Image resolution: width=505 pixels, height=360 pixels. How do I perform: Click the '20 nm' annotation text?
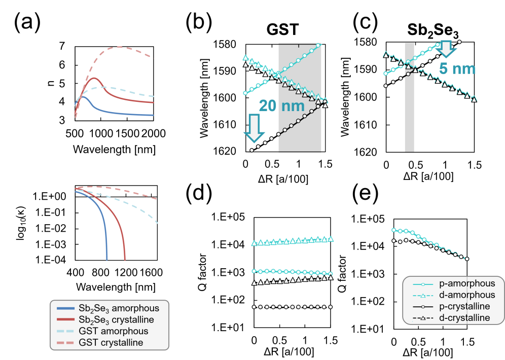click(x=283, y=105)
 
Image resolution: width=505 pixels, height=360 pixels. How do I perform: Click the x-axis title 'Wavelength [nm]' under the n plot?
click(x=114, y=150)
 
